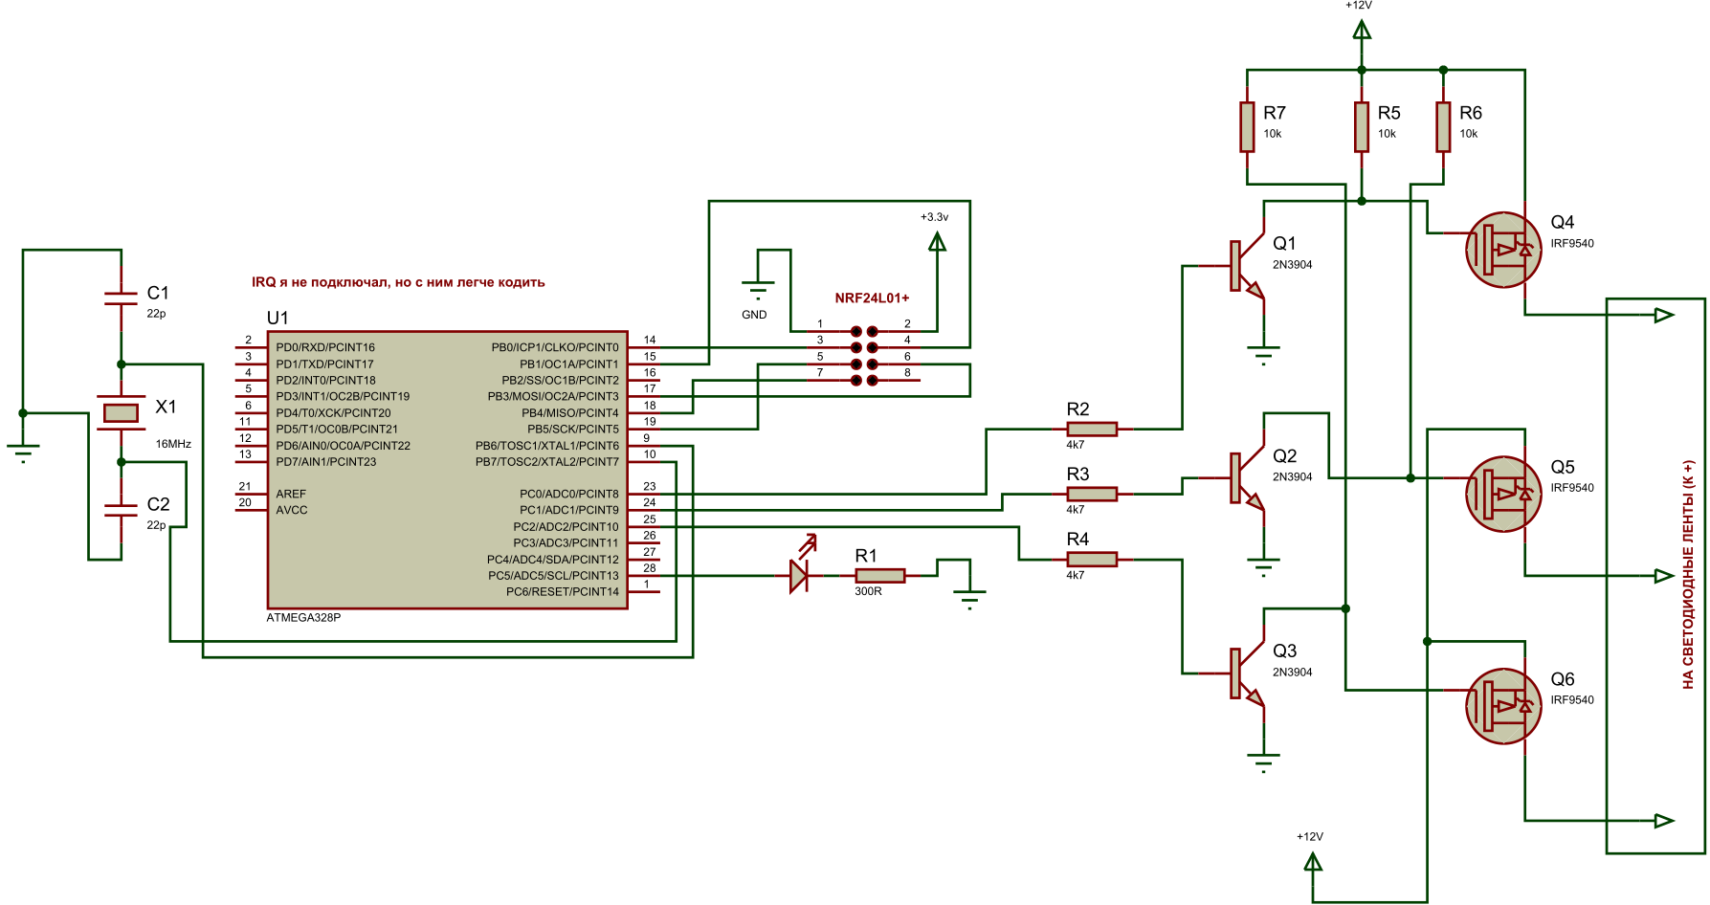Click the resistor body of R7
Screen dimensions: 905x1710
1247,127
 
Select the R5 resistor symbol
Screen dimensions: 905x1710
1362,127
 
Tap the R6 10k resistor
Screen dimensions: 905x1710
1443,127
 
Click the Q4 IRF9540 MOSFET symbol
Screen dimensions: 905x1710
1503,250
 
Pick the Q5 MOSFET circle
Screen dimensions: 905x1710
1503,494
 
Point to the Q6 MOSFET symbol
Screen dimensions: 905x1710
1503,706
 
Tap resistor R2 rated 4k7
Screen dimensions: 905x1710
1092,430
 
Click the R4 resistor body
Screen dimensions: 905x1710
1092,560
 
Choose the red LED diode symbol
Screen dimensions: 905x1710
799,575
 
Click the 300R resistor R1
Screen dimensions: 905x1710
879,575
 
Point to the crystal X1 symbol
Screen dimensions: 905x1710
121,413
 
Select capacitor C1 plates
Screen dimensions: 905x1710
121,298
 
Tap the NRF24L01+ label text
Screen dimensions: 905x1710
872,298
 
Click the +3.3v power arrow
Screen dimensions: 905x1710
937,243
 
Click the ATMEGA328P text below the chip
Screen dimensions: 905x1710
303,618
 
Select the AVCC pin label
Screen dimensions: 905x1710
292,511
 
